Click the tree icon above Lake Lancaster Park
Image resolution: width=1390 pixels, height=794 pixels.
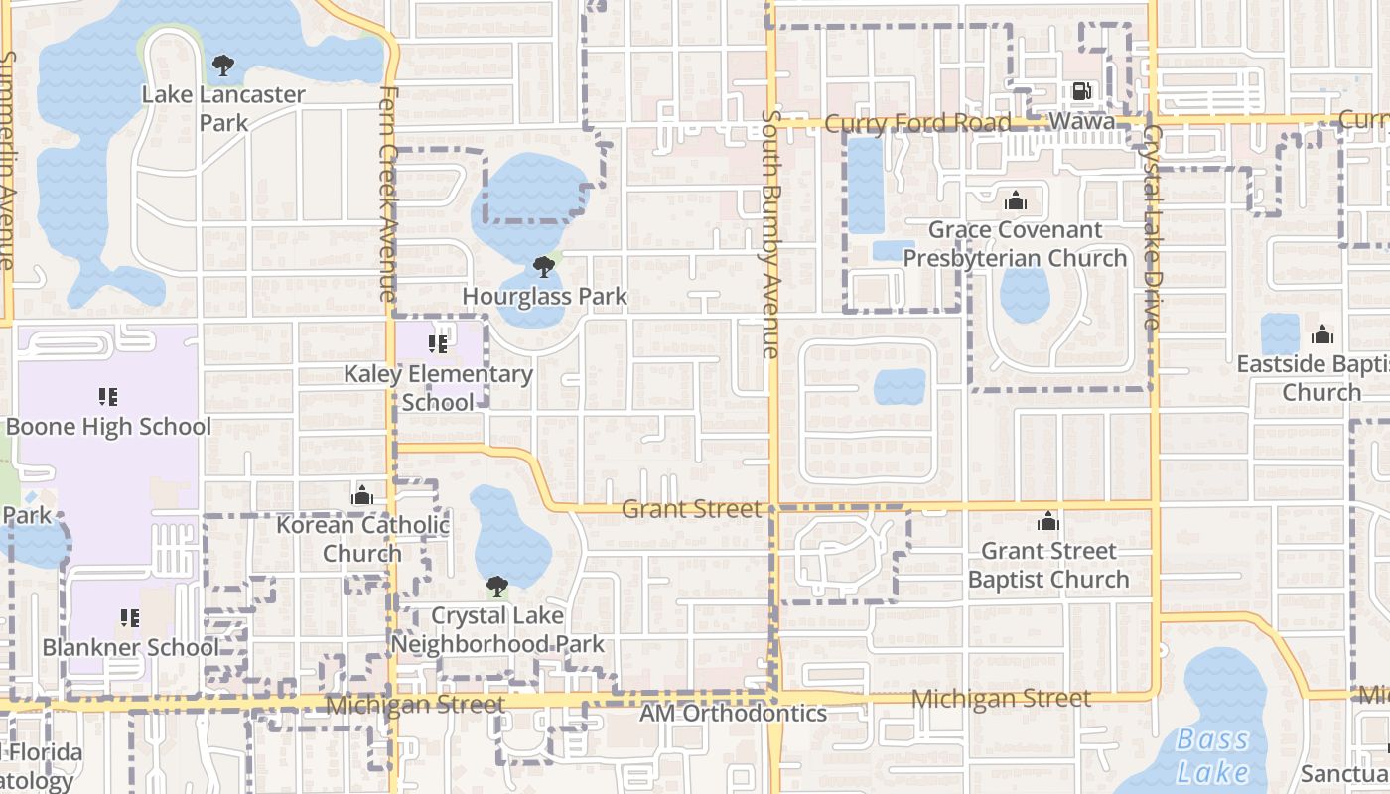223,66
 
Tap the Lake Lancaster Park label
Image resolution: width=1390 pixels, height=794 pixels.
223,108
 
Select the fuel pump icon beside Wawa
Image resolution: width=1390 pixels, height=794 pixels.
1081,91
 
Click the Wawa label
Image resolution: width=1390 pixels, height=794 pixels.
1081,122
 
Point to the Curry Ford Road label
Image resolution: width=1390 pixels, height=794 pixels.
917,123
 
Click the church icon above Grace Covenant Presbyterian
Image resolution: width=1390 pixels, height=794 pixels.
1015,201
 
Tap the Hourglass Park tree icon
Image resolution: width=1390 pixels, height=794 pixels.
543,267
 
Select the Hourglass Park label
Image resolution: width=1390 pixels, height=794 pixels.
545,296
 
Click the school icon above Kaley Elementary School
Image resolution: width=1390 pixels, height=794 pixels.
438,344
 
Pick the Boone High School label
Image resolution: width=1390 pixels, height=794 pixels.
109,427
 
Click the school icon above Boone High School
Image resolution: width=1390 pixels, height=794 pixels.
108,398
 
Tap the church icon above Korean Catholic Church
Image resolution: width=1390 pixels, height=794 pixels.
362,495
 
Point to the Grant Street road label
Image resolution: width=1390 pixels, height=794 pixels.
691,509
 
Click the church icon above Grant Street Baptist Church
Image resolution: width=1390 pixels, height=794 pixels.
1048,521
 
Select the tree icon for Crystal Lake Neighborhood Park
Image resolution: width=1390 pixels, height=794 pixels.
496,587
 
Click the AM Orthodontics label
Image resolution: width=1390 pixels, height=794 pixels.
733,713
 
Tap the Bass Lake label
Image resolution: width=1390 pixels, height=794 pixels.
1212,755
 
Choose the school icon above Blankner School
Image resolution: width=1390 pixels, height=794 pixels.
130,618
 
